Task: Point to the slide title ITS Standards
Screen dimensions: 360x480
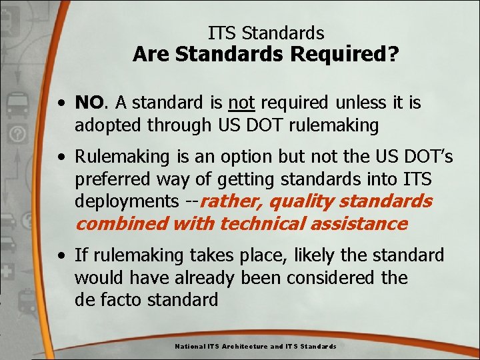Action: coord(266,33)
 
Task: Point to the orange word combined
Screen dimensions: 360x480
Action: coord(121,223)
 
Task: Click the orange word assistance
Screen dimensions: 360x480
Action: coord(360,223)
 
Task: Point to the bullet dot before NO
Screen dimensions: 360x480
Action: coord(61,103)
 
